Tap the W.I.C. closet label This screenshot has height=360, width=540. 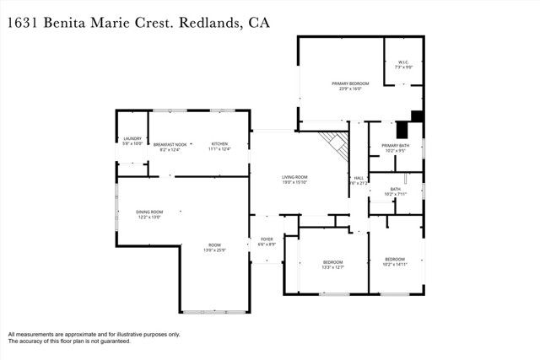pos(402,63)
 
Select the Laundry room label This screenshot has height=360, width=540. pos(132,138)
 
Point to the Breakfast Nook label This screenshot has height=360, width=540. pos(170,144)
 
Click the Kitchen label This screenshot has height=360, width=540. pos(219,144)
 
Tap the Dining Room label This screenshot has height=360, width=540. pos(149,212)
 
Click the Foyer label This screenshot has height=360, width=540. pos(267,239)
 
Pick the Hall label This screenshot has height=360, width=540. pos(359,178)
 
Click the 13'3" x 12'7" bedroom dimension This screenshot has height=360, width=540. pos(333,267)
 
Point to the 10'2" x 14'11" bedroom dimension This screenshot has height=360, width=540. pos(395,264)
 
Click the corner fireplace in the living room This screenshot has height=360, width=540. pos(336,146)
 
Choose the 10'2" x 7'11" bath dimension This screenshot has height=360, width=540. pos(395,194)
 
